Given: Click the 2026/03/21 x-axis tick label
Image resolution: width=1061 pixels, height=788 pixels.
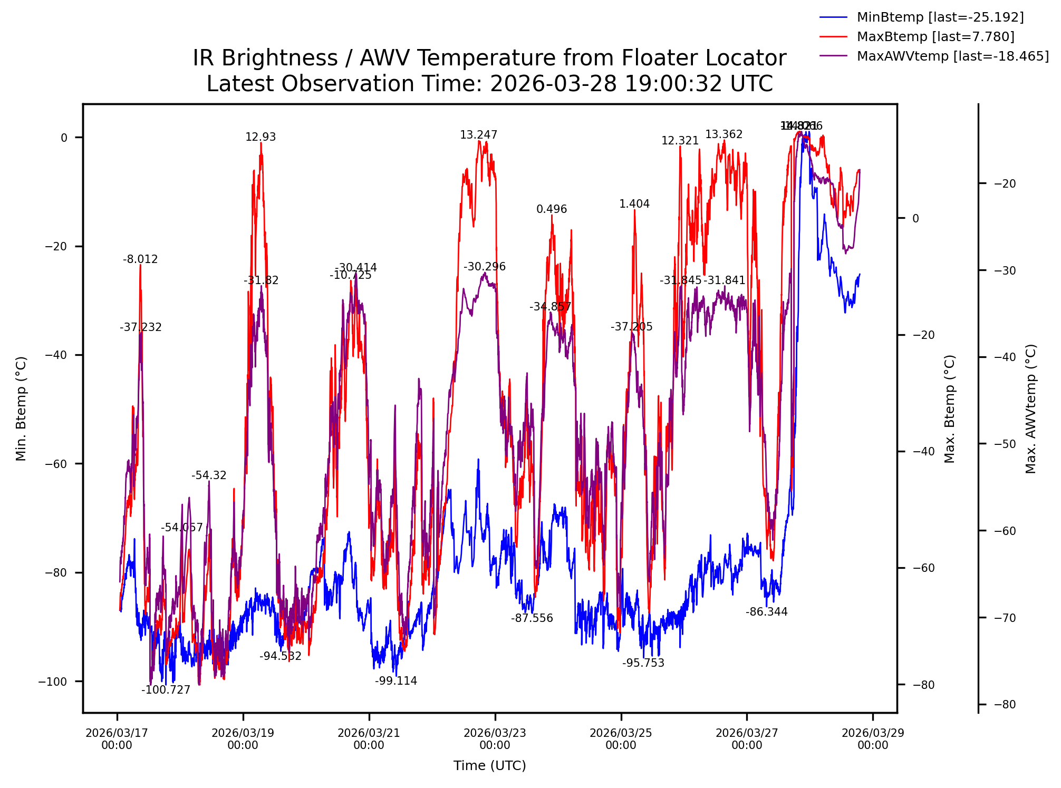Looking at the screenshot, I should (x=369, y=739).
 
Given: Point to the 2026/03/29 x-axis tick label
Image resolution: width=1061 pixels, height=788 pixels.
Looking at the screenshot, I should (x=873, y=739).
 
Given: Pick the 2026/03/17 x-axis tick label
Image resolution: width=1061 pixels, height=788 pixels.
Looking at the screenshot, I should (x=117, y=739).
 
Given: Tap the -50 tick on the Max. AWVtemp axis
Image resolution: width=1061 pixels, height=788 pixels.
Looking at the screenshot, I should (x=1005, y=444).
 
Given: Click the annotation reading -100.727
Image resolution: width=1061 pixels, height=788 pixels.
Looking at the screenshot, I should (x=166, y=690).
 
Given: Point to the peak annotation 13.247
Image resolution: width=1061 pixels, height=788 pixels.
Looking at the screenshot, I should (x=478, y=135).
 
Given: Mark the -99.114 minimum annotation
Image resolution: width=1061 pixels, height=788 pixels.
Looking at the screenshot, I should (x=396, y=681).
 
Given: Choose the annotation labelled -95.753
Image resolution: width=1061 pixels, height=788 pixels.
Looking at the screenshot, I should (x=643, y=663).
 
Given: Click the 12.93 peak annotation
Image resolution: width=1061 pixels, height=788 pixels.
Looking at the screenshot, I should (x=261, y=137).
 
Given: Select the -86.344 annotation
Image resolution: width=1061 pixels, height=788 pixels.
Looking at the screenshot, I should (x=766, y=612).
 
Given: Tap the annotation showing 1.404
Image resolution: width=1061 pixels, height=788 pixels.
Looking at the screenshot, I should (x=634, y=204).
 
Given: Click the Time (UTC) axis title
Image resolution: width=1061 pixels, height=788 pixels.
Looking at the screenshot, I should (x=489, y=766).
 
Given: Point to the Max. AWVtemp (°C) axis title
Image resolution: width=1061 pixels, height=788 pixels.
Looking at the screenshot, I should (x=1031, y=409).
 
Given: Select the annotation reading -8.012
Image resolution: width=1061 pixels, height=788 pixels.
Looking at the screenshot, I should (x=140, y=259).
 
